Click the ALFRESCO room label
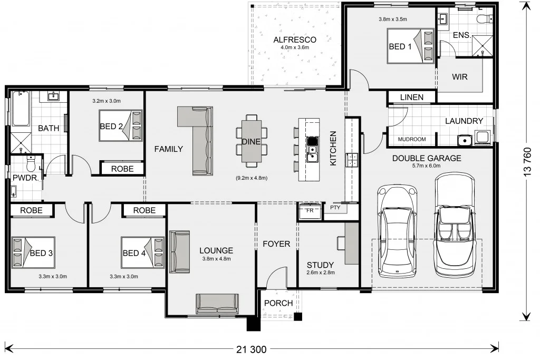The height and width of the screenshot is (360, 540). point(295,40)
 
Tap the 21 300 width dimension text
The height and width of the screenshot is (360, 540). point(252,348)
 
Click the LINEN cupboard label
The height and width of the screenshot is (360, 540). point(412,98)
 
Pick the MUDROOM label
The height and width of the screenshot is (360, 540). point(412,140)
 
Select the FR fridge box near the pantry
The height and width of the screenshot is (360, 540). point(310,210)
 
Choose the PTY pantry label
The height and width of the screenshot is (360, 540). point(335,208)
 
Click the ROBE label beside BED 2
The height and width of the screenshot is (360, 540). point(122,169)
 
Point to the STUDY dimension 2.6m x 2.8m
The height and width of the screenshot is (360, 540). point(321,273)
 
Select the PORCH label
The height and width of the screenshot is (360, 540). point(278,303)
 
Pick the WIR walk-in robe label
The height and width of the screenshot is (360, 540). point(460,76)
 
